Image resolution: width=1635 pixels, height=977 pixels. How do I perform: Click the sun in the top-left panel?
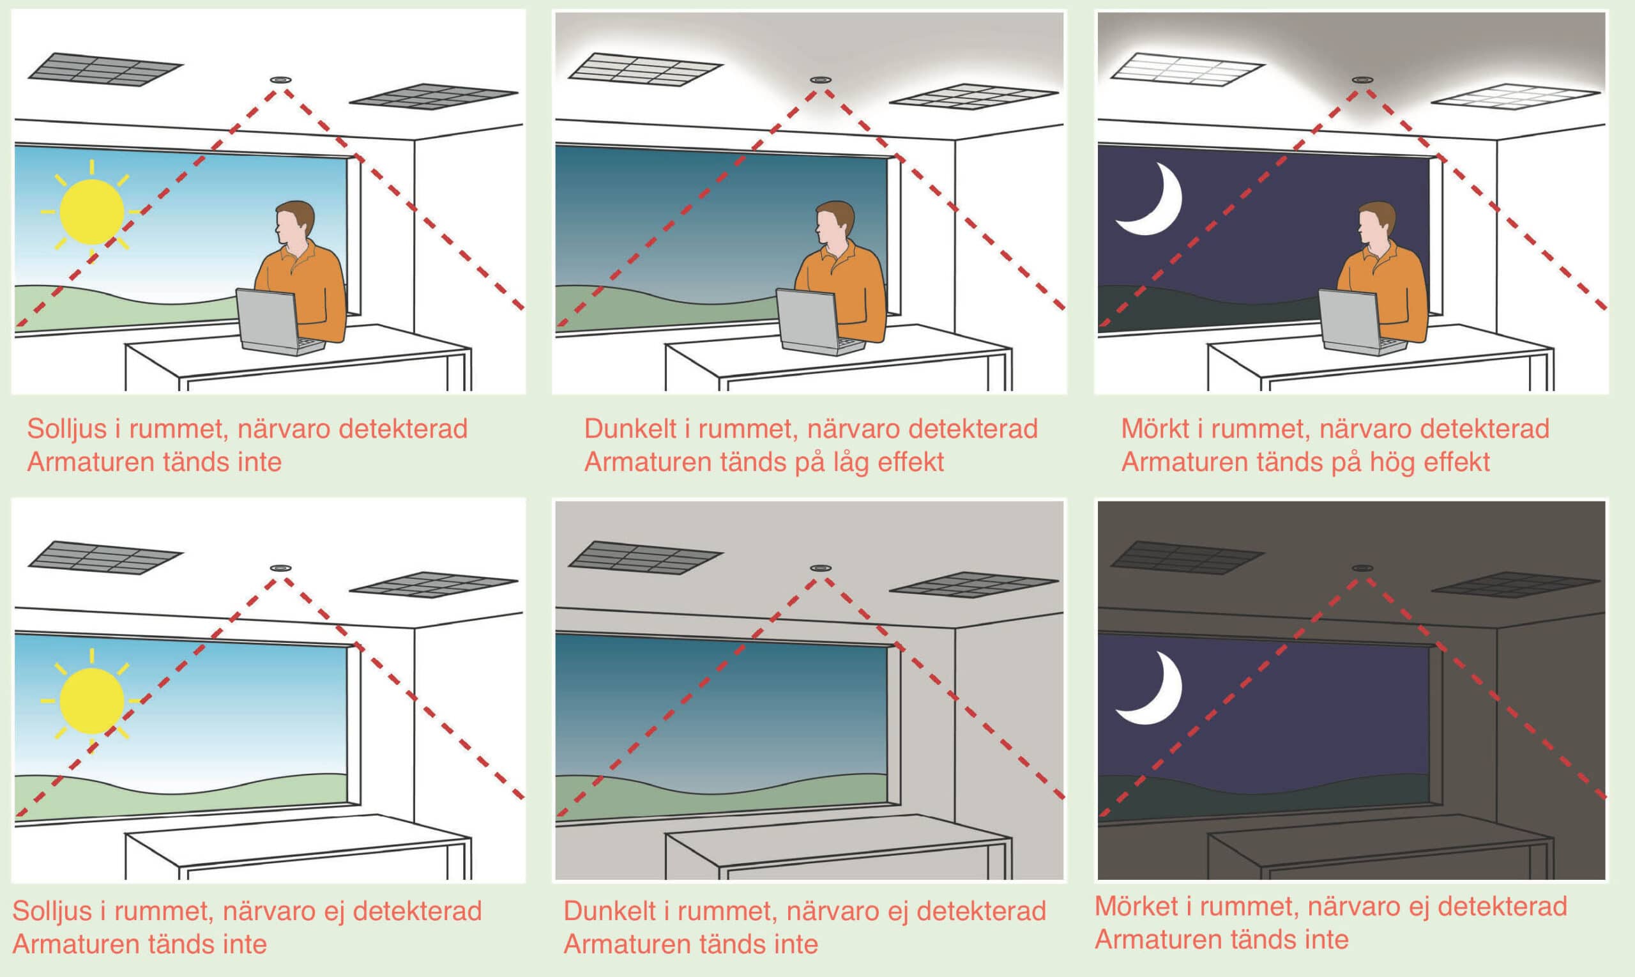tap(91, 212)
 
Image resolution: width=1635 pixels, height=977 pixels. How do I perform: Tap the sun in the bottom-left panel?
tap(91, 700)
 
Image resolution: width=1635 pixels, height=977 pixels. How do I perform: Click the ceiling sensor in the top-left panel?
tap(281, 80)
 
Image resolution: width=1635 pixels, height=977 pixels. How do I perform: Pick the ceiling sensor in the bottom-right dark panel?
tap(1362, 567)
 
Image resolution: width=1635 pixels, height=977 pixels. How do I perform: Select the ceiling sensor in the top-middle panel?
tap(821, 80)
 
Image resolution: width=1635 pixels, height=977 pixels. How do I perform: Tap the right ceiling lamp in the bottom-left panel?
tap(434, 585)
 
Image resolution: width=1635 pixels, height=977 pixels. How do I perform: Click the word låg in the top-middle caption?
tap(846, 463)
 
